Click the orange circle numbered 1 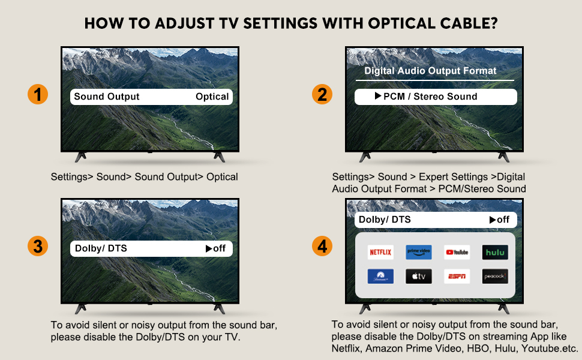(x=38, y=95)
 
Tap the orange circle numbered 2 (x=322, y=95)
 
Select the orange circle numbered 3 (x=38, y=246)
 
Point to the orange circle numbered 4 (x=322, y=246)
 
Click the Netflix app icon (x=380, y=252)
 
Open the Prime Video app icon (x=418, y=252)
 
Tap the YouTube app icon (x=457, y=252)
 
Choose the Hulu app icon (x=495, y=252)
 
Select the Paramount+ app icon (x=380, y=276)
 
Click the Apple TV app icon (x=418, y=276)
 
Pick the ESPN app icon (x=457, y=276)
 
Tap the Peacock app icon (x=495, y=276)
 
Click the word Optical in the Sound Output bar (x=212, y=97)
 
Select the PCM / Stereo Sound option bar (x=435, y=97)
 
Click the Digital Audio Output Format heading (x=430, y=71)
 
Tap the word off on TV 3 (x=220, y=248)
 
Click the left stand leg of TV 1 (x=80, y=156)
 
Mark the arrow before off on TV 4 (x=493, y=220)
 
